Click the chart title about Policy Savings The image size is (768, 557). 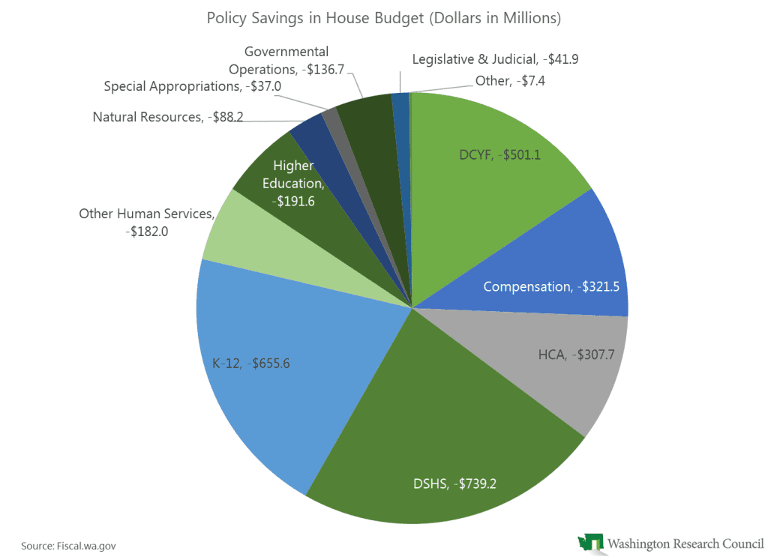(383, 18)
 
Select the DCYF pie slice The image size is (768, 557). (495, 180)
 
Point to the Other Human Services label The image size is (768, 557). (146, 223)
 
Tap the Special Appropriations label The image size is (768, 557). (202, 86)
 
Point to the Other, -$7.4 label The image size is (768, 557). (509, 81)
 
